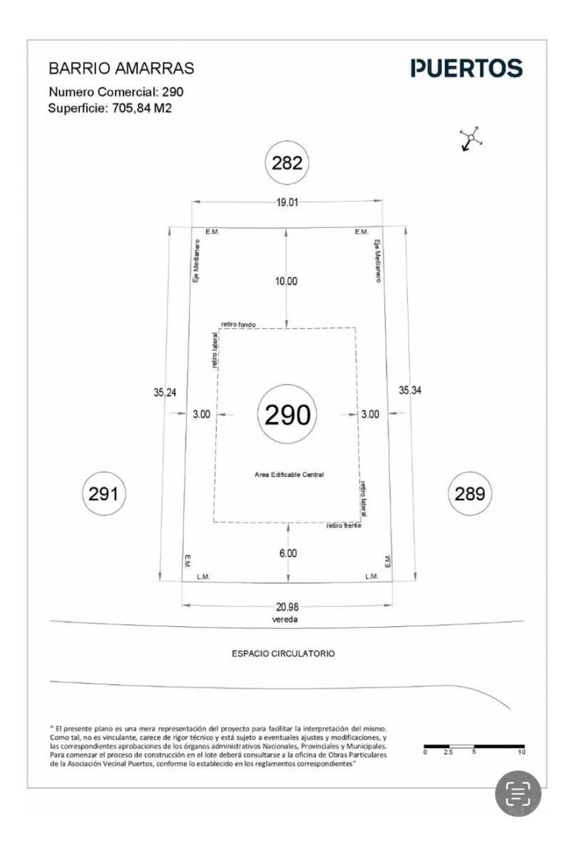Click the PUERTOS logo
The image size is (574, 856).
pos(466,68)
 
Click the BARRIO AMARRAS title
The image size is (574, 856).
pos(121,68)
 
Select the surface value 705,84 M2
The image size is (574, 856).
pos(142,108)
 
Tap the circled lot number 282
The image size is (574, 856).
pos(287,163)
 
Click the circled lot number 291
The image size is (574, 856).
pos(103,494)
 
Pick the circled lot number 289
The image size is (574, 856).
pos(470,494)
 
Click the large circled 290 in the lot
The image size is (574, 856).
pos(287,414)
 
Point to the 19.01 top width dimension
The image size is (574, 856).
pos(287,202)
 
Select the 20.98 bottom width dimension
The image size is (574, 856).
pos(287,607)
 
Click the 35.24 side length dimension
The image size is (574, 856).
pos(165,392)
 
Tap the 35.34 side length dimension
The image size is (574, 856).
pos(410,390)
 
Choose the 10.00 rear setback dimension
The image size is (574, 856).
pos(287,281)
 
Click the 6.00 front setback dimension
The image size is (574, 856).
pos(288,554)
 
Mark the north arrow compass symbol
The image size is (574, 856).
pos(471,138)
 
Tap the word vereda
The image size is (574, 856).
pos(285,619)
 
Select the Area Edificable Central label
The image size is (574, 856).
pos(289,474)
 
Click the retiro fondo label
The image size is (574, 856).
pos(238,325)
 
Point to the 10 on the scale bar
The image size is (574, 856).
pos(522,752)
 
